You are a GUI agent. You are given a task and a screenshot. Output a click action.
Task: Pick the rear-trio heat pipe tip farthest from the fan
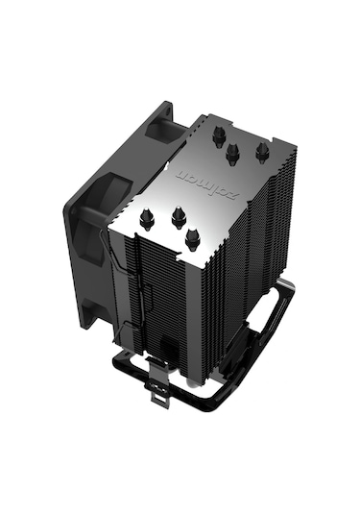[x=261, y=151]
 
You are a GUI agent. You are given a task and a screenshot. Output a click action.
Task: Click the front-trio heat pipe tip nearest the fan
[x=146, y=219]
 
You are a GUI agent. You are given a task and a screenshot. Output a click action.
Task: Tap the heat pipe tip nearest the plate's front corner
[x=192, y=238]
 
